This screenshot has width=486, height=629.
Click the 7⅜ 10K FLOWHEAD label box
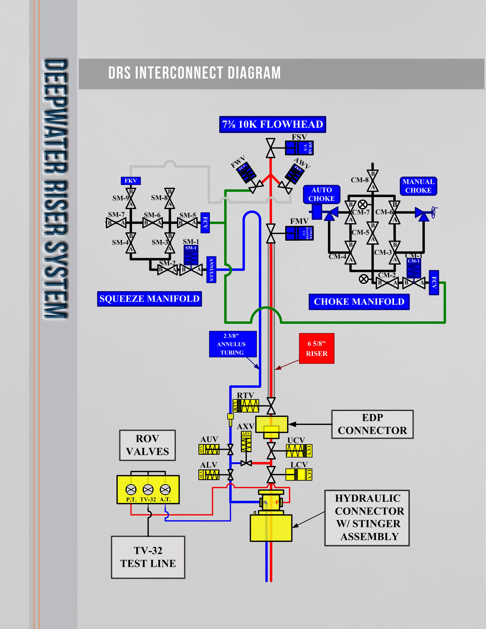(272, 124)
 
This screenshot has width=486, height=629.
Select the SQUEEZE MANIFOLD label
(150, 299)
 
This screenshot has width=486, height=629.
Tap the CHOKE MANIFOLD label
(359, 301)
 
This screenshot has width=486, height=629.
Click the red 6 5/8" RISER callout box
(316, 348)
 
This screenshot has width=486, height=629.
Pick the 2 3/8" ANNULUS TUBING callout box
(233, 344)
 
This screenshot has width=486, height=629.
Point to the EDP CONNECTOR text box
(372, 424)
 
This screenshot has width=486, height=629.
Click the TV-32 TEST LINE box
(148, 557)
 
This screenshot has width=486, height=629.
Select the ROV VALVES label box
(147, 445)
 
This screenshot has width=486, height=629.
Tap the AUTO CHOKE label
(322, 194)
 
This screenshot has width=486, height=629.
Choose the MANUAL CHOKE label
(418, 186)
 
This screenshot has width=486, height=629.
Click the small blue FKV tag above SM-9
(131, 181)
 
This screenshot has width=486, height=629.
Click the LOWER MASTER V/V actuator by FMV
(299, 233)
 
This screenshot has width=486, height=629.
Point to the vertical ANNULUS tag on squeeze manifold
(211, 270)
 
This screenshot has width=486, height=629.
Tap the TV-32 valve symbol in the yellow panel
(148, 489)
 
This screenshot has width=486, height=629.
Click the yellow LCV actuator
(298, 474)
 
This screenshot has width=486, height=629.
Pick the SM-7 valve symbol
(116, 223)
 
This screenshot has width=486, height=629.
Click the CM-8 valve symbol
(373, 181)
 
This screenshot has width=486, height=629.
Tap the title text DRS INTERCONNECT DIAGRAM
(194, 73)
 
